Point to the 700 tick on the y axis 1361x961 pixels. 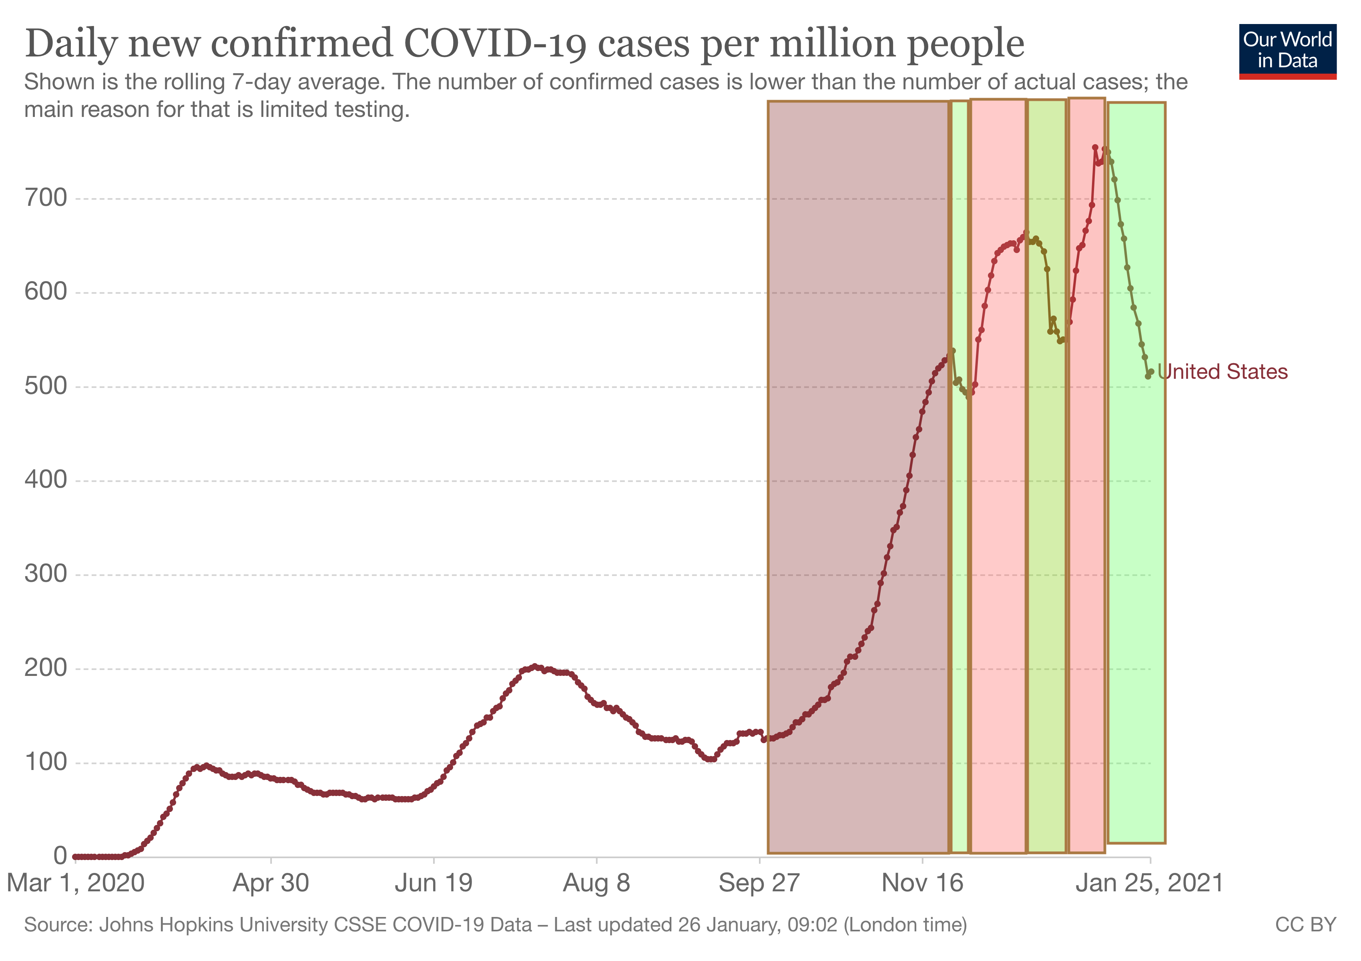[46, 198]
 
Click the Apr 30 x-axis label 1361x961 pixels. [271, 883]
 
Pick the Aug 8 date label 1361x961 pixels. [596, 883]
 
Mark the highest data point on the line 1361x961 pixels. [1095, 148]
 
